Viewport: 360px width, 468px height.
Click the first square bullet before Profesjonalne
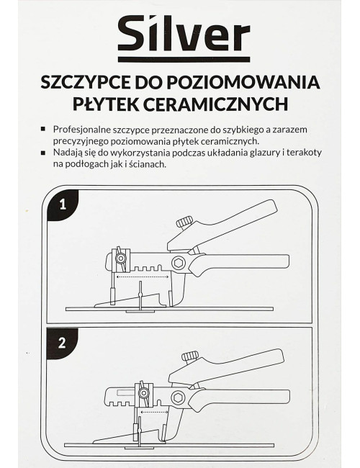pos(47,128)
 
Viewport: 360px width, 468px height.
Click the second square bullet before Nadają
pos(47,153)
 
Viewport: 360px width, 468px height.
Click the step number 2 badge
pos(63,343)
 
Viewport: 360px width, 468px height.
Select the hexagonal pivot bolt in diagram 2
pos(175,399)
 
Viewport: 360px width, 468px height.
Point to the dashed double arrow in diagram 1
pos(144,275)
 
